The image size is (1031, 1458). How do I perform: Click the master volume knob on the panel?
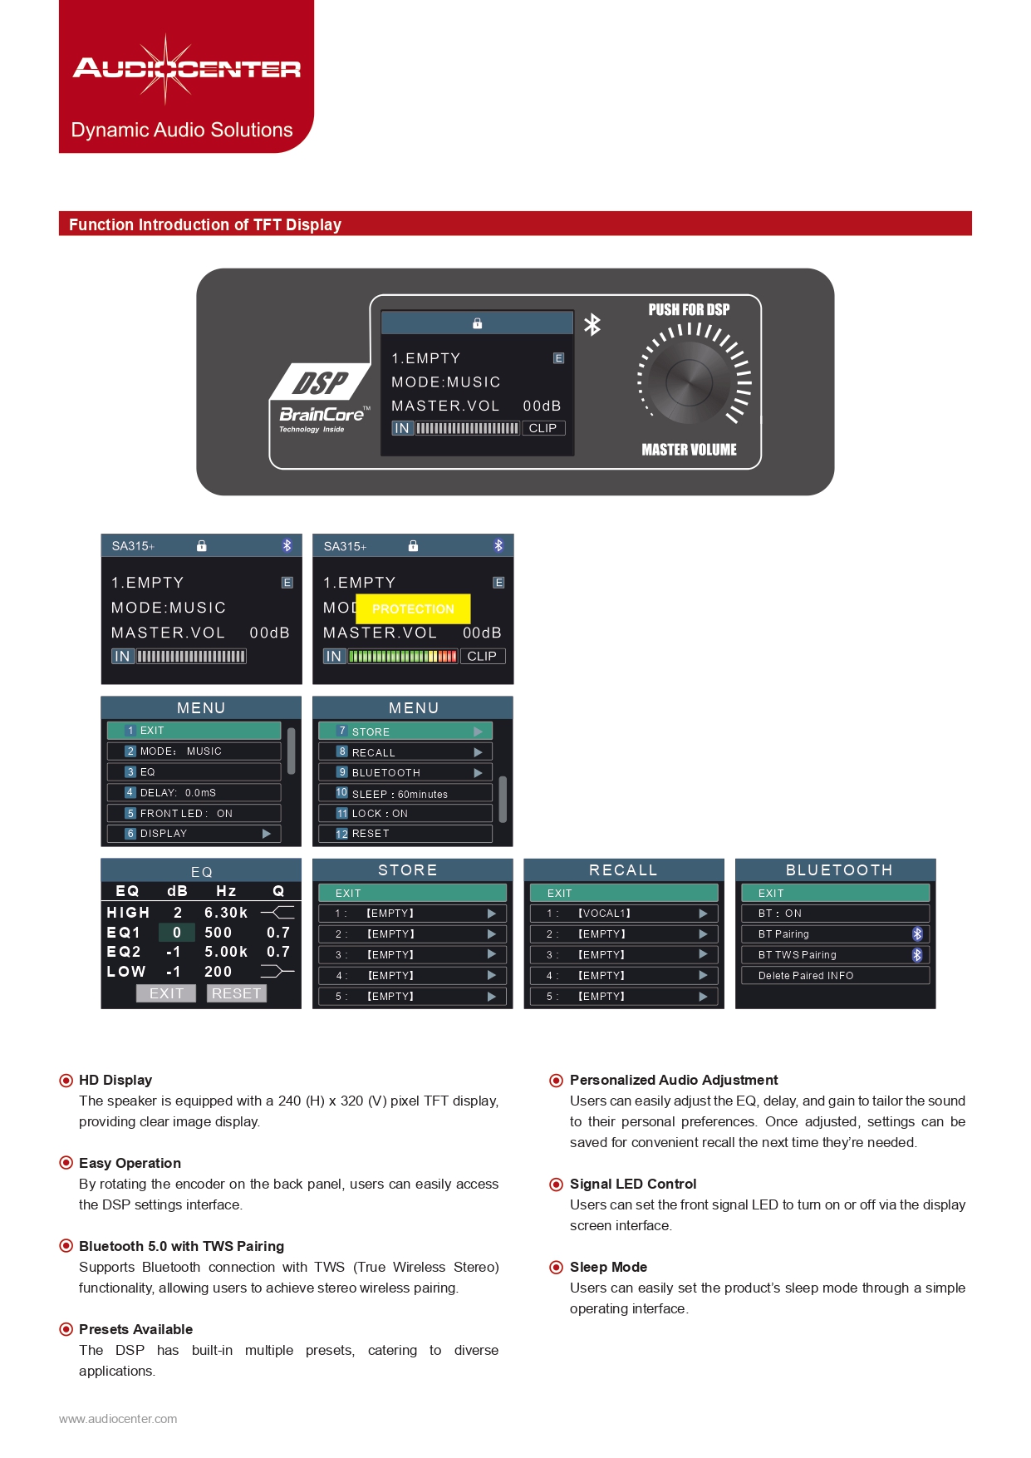689,382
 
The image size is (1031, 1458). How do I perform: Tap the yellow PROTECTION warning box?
413,608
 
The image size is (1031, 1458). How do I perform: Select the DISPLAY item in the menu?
194,834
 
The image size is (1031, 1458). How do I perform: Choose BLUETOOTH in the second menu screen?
405,772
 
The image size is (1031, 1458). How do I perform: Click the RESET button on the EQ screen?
236,993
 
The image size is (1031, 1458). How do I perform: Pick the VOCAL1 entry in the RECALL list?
624,914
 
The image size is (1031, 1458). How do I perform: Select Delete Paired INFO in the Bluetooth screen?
835,976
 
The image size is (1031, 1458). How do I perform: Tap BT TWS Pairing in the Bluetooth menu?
835,955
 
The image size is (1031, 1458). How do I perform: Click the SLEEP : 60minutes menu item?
405,793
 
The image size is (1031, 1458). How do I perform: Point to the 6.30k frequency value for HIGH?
226,913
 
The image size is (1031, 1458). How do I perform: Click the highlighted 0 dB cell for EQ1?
176,933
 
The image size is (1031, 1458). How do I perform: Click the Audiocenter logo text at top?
187,68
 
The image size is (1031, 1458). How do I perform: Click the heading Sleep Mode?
608,1267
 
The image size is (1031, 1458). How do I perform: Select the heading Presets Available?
135,1329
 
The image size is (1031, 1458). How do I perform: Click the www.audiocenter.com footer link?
118,1419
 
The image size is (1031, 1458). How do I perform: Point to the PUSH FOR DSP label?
689,310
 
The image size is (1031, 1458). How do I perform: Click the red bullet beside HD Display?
66,1081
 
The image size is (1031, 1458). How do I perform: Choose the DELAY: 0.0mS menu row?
194,792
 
